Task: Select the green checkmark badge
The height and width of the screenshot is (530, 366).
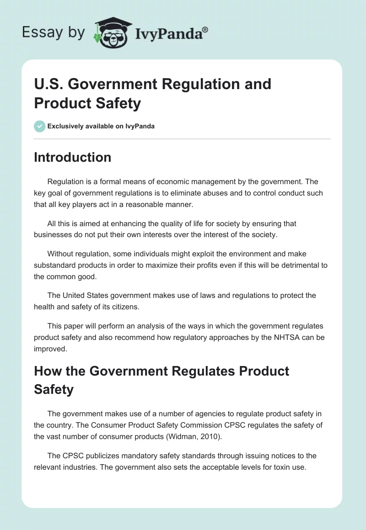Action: click(40, 126)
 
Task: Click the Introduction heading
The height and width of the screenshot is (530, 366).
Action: click(72, 157)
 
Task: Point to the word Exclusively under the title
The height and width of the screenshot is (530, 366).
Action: click(66, 126)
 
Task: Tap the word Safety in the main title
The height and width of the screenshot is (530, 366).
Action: click(118, 103)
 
